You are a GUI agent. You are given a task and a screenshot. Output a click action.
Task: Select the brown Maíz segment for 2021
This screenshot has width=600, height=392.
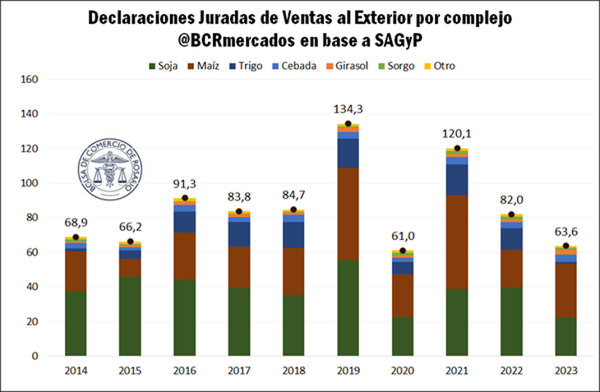tap(455, 242)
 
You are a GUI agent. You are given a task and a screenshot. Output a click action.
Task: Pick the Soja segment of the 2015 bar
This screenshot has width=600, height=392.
tap(130, 316)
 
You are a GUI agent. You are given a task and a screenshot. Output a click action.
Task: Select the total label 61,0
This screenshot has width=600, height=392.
tap(402, 238)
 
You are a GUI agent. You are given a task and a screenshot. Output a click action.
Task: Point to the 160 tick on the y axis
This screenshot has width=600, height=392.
tap(29, 80)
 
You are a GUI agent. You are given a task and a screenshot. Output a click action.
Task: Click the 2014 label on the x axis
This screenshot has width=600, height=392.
tap(76, 371)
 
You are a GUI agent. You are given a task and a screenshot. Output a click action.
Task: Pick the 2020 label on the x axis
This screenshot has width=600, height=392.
tap(402, 371)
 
